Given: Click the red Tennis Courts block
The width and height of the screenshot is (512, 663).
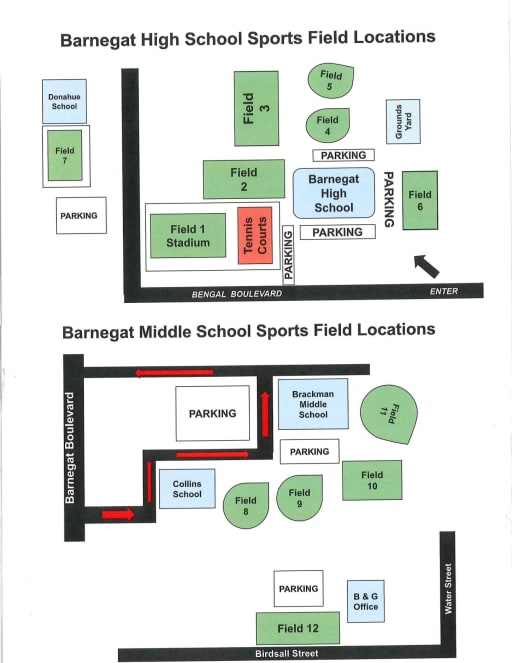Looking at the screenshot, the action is pos(255,236).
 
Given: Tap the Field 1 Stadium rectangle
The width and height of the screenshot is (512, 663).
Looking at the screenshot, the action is pos(188,236).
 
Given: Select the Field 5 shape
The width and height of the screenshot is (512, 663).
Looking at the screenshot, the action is pos(330,81).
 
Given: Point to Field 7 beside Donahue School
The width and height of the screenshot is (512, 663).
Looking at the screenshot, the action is pos(65,156).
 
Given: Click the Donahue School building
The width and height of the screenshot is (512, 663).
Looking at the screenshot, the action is pos(64,101).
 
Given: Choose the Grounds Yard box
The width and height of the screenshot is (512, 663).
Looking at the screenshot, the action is pos(403,121).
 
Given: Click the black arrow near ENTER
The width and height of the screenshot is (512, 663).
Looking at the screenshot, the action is pos(426,266).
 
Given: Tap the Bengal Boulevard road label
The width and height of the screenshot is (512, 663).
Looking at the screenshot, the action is pos(237,294).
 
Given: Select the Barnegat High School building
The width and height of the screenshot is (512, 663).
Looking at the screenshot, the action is pos(334,193).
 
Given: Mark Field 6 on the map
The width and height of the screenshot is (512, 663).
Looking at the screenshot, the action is pos(420,200).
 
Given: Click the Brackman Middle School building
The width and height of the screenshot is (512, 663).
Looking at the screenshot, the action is pos(313,404).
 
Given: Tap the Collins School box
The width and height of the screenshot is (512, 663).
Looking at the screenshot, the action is pos(187,489).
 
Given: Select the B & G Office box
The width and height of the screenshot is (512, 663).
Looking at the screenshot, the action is pos(366,601).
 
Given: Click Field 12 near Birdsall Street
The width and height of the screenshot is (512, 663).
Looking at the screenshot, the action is pos(298,628).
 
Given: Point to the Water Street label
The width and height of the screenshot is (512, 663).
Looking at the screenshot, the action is pos(448,589).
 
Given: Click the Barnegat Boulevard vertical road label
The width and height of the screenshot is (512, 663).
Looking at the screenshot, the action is pos(70,448).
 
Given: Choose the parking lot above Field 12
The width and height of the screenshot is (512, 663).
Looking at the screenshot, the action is pos(298,589).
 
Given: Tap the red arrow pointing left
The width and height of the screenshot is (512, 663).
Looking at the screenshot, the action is pos(174,373).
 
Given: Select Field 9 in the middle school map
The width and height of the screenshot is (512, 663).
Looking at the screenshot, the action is pos(299,498).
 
